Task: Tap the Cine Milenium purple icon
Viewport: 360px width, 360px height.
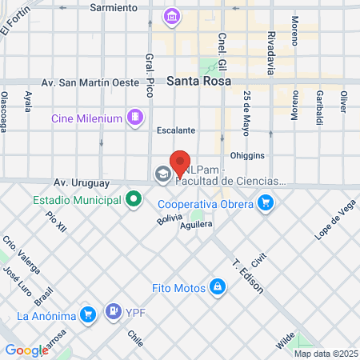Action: point(135,118)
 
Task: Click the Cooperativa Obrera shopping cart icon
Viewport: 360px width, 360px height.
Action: point(266,203)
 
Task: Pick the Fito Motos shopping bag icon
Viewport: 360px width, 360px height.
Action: point(217,286)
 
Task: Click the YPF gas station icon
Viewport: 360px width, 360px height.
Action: point(114,312)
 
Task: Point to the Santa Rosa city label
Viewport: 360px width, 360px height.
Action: point(199,81)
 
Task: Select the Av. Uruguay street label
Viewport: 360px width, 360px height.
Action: point(78,182)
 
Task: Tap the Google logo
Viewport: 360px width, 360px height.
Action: point(26,350)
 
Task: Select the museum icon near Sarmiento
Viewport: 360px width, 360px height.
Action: point(171,16)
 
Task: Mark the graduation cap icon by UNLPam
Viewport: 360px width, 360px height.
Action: point(163,174)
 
